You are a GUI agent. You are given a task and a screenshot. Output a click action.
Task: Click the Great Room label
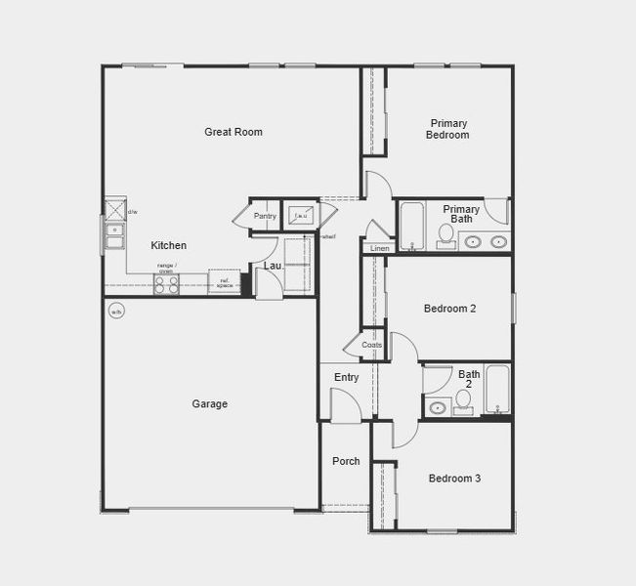pos(233,132)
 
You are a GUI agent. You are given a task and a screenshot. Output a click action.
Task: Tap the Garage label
pos(209,403)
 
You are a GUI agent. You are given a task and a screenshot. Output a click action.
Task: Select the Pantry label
pos(265,216)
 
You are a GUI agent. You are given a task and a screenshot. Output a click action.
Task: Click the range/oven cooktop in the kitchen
pos(166,284)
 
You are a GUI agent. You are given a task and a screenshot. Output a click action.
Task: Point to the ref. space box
pos(224,281)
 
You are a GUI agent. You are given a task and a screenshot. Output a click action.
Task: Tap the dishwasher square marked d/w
pos(115,210)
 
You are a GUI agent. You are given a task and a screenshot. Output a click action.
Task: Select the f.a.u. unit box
pos(301,215)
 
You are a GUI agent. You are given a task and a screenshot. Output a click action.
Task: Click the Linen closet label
pos(379,248)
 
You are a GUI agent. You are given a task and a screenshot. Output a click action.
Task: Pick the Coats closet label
pos(372,345)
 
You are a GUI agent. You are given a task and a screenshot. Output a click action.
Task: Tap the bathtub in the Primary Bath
pos(410,226)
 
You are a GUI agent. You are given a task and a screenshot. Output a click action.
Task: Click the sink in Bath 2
pos(437,406)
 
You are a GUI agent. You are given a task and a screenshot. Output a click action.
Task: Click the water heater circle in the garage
pos(116,313)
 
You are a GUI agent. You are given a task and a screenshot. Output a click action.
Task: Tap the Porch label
pos(346,461)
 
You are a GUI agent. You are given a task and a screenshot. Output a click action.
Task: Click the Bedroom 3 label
pos(454,479)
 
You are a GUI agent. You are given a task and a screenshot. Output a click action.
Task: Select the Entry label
pos(346,377)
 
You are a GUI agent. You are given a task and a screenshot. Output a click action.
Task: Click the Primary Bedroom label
pos(447,129)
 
